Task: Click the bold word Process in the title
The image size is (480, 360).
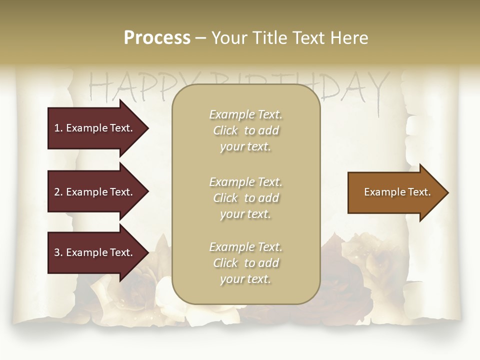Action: click(157, 38)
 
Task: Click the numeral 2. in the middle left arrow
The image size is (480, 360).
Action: click(58, 192)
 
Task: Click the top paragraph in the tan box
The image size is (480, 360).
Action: click(245, 130)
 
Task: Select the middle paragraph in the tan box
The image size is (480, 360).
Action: click(245, 198)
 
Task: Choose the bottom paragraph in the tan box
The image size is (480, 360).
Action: click(245, 263)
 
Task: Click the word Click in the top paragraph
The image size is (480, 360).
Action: click(225, 130)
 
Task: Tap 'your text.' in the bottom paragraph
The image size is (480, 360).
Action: click(245, 279)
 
